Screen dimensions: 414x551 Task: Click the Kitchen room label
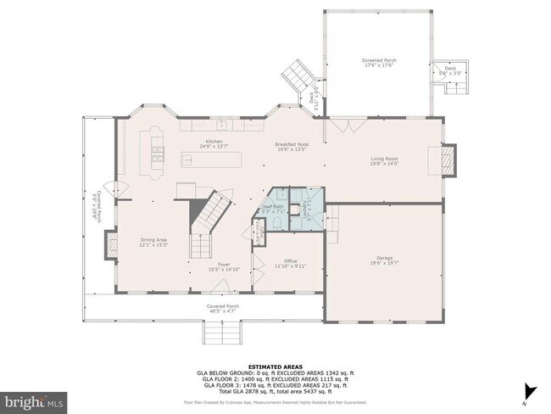click(x=214, y=142)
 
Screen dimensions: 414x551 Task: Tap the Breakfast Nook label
click(x=291, y=145)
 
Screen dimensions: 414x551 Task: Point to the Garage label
click(x=384, y=258)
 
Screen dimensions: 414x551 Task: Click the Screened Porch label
click(x=379, y=61)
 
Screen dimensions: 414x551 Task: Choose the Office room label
click(x=290, y=261)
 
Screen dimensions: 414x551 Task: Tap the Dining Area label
click(x=153, y=240)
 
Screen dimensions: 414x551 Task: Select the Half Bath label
click(x=273, y=207)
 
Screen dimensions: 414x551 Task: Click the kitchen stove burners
click(x=157, y=154)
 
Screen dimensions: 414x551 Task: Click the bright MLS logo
click(x=34, y=399)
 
